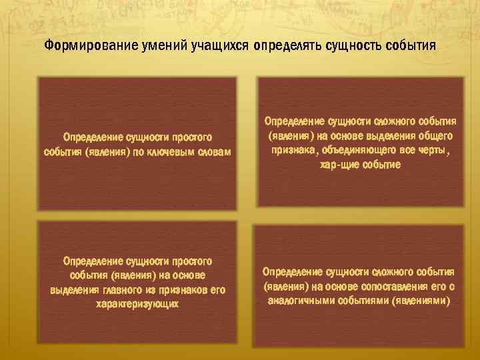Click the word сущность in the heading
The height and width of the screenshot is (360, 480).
click(349, 47)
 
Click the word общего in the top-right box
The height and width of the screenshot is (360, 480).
click(436, 136)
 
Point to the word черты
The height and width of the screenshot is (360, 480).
click(434, 151)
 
